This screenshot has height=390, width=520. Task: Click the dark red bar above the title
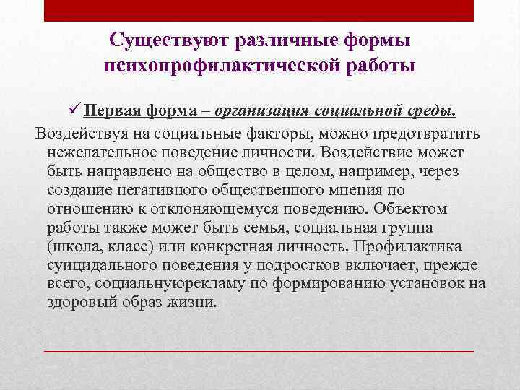click(x=259, y=11)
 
